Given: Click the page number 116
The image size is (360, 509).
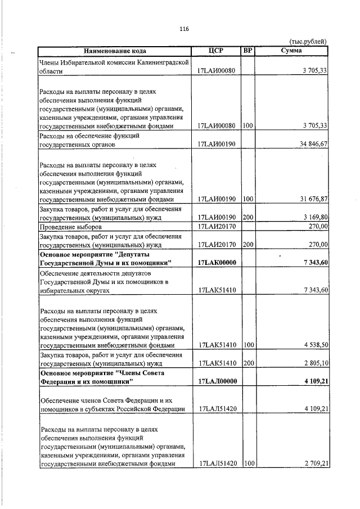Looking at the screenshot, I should tap(183, 29).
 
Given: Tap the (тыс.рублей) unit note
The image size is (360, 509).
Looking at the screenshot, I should tap(308, 42).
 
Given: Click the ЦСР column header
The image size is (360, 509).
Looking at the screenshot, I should tap(216, 51).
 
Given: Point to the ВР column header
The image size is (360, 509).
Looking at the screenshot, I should tap(247, 51).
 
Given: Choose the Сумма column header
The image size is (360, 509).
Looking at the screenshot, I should tap(291, 51).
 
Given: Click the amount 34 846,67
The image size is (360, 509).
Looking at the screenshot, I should tap(310, 145).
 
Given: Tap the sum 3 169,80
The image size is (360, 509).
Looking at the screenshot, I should tap(313, 217).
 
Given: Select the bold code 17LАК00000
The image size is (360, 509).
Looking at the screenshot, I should tap(217, 263).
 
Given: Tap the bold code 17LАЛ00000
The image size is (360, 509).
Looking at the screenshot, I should tap(217, 381).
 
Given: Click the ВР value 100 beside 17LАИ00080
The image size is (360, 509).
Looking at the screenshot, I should tap(247, 127).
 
